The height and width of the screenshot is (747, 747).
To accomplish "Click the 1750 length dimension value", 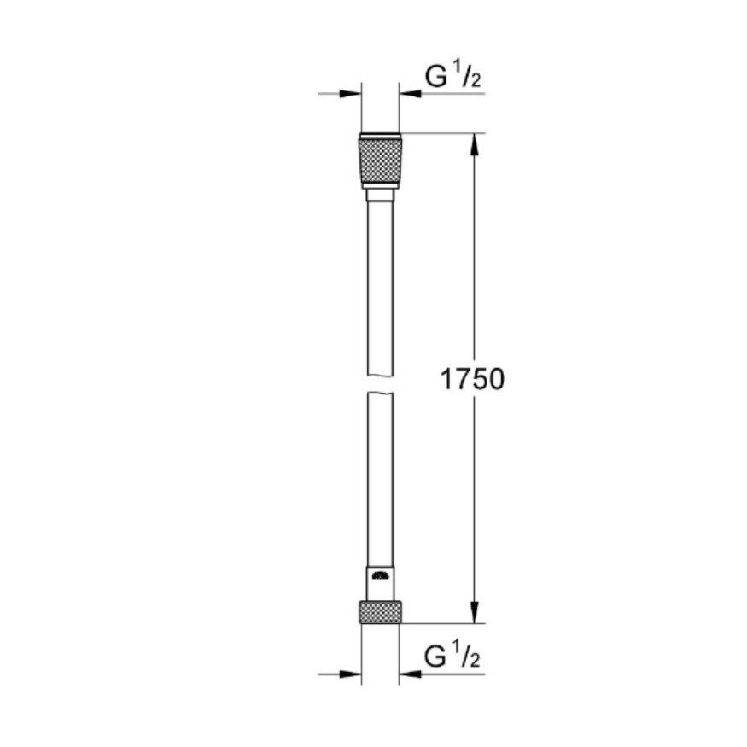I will (472, 379).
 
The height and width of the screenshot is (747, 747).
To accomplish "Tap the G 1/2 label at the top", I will (452, 77).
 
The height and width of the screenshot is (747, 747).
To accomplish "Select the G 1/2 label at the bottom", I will (452, 657).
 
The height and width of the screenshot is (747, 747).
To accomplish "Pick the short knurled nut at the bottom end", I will (380, 611).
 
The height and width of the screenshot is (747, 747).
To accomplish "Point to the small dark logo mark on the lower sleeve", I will (380, 576).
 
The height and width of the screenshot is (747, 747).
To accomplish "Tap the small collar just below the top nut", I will (380, 196).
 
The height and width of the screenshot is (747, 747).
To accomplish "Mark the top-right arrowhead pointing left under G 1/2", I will (411, 93).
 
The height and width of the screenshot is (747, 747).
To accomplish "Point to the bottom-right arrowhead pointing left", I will (411, 674).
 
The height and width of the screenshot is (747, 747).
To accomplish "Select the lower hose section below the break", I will (380, 478).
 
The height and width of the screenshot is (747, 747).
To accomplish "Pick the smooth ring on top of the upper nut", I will (380, 136).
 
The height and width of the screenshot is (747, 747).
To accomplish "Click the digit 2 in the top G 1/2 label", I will (475, 82).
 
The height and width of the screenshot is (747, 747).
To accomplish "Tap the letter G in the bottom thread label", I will (435, 657).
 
